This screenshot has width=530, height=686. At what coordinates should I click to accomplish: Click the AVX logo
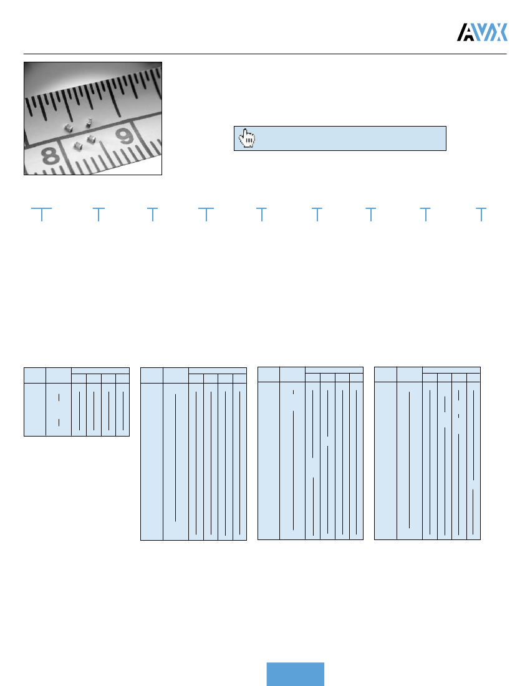tap(483, 32)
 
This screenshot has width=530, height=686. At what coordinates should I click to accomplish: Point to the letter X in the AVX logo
tap(498, 32)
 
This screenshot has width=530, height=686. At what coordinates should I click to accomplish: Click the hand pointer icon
tap(248, 138)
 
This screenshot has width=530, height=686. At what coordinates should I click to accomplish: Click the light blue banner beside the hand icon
tap(349, 138)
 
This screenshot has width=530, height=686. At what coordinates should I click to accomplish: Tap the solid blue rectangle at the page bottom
tap(296, 674)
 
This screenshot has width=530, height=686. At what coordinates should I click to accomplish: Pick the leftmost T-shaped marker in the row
tap(41, 213)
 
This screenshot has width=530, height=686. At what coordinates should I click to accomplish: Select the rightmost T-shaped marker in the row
tap(481, 213)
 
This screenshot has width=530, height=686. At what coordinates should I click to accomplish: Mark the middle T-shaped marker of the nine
tap(262, 213)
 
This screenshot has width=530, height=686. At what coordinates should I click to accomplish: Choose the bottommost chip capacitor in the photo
tap(78, 146)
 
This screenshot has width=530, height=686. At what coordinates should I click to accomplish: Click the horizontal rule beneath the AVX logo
tap(265, 54)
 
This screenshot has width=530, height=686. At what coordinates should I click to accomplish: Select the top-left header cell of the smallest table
tap(35, 375)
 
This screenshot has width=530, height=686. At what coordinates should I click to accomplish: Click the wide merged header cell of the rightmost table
tap(451, 370)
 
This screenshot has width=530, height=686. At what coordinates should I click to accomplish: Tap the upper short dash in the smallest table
tap(59, 397)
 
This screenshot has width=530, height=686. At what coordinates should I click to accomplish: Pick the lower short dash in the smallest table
tap(59, 422)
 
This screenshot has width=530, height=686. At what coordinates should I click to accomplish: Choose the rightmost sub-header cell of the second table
tap(240, 378)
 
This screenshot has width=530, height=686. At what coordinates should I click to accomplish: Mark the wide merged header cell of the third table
tap(334, 370)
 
